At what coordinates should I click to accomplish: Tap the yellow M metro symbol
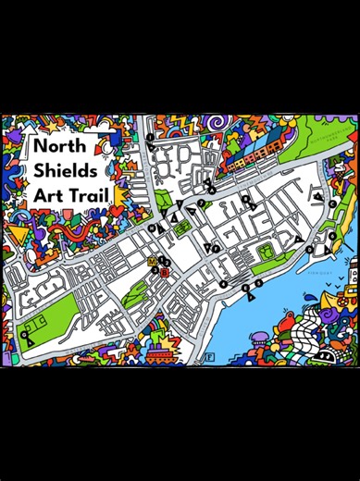pyautogui.click(x=153, y=262)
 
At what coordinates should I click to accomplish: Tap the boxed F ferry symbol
pyautogui.click(x=210, y=356)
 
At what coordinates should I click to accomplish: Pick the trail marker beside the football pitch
pyautogui.click(x=28, y=337)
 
